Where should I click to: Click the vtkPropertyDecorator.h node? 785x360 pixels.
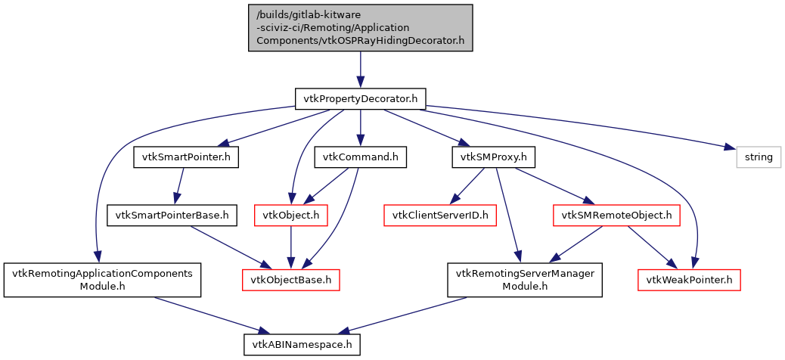pyautogui.click(x=360, y=98)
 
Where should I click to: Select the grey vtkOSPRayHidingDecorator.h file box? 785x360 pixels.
pyautogui.click(x=360, y=27)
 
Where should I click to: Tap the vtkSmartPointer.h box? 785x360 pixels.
pyautogui.click(x=186, y=157)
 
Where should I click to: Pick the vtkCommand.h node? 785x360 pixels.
pyautogui.click(x=360, y=157)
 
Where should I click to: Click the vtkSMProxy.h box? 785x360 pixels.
pyautogui.click(x=493, y=157)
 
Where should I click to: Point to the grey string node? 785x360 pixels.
pyautogui.click(x=759, y=157)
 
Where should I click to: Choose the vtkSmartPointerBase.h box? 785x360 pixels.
pyautogui.click(x=172, y=216)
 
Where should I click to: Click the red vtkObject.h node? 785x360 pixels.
pyautogui.click(x=291, y=216)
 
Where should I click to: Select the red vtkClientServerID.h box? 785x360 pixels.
pyautogui.click(x=440, y=216)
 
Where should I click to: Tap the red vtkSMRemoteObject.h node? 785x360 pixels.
pyautogui.click(x=616, y=216)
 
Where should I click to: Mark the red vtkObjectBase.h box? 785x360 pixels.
pyautogui.click(x=291, y=280)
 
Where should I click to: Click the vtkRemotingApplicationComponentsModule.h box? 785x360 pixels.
pyautogui.click(x=102, y=280)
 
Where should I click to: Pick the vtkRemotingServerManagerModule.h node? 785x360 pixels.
pyautogui.click(x=525, y=280)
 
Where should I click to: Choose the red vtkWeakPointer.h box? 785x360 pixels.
pyautogui.click(x=687, y=280)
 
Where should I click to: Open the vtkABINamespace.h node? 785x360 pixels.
pyautogui.click(x=301, y=344)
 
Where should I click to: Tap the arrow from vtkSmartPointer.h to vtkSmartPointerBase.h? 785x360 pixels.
pyautogui.click(x=180, y=186)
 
